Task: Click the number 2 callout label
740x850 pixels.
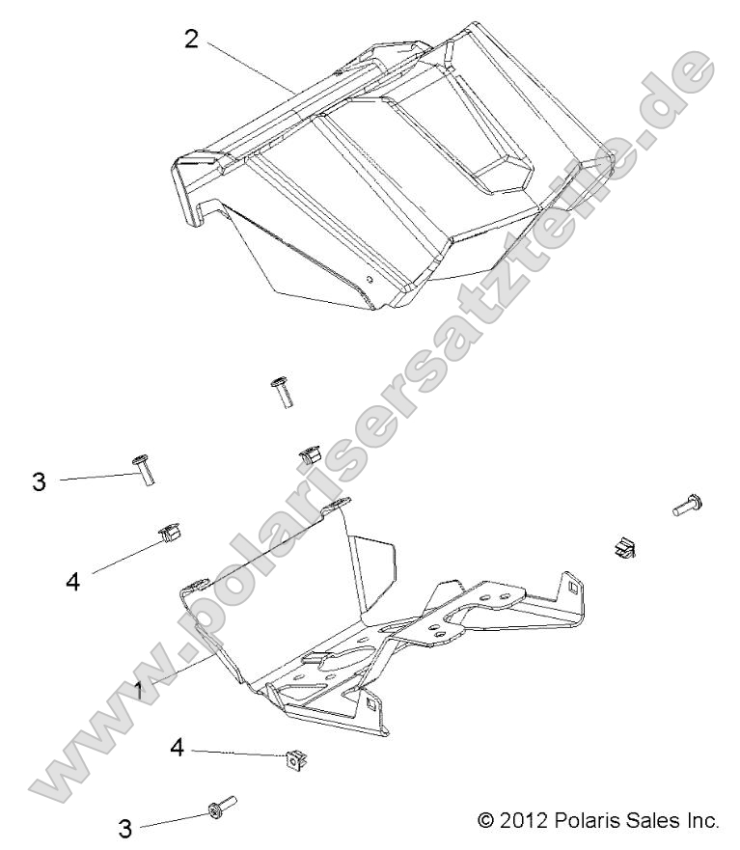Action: click(x=191, y=40)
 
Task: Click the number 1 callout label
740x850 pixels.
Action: click(x=141, y=691)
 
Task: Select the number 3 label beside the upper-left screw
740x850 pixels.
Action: click(x=39, y=481)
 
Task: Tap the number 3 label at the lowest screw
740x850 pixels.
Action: click(x=124, y=829)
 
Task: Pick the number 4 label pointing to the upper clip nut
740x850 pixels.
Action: click(x=71, y=581)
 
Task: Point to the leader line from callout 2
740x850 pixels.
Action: click(x=251, y=67)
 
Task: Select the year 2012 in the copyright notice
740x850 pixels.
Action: click(x=522, y=821)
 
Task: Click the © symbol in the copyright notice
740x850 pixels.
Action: click(x=487, y=821)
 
